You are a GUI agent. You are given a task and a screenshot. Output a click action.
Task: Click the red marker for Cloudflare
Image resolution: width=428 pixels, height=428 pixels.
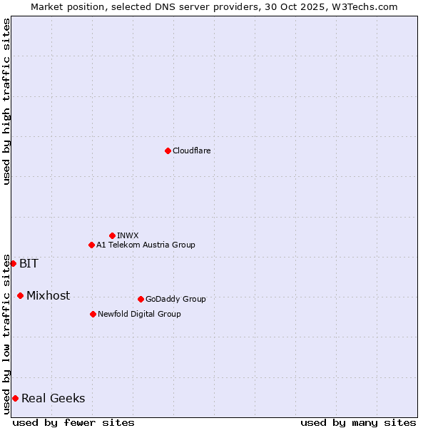(168, 151)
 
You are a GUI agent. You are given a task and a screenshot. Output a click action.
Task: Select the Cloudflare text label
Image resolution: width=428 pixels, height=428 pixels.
(192, 151)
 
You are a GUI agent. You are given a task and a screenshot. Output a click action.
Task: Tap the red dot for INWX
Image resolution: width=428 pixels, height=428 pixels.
(112, 235)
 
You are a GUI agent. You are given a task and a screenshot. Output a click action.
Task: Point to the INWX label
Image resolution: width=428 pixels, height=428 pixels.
(128, 235)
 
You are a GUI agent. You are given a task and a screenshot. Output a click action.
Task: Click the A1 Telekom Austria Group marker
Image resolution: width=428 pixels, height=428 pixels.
(91, 245)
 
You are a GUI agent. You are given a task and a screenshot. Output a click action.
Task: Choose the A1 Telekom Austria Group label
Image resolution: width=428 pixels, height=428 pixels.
(146, 245)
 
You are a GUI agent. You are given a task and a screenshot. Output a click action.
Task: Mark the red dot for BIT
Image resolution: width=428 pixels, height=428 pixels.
(13, 263)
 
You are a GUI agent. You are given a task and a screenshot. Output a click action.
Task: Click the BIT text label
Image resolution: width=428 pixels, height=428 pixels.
(29, 263)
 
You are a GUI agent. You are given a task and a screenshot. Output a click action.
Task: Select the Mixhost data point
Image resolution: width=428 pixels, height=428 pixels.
(20, 295)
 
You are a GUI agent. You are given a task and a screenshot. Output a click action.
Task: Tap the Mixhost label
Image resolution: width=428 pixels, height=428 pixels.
(48, 295)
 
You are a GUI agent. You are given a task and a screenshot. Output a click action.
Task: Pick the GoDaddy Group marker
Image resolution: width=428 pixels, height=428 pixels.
(141, 299)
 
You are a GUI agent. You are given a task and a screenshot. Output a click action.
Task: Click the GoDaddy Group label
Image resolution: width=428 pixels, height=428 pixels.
(175, 299)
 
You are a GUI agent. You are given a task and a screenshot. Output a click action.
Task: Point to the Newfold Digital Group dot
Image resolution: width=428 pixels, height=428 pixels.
(93, 314)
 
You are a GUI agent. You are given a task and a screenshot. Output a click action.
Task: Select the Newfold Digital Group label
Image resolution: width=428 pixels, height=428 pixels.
(139, 314)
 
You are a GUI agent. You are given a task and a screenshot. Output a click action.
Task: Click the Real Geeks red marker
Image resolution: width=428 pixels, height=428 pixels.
(15, 398)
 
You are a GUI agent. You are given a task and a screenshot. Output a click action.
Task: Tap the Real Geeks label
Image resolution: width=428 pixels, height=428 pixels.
(53, 398)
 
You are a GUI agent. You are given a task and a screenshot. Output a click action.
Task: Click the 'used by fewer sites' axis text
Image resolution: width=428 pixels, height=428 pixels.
(73, 422)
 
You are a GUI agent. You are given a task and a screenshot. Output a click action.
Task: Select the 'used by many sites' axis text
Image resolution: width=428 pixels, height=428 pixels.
(358, 422)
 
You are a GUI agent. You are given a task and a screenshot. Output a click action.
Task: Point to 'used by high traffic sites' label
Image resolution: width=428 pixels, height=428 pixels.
(6, 101)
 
